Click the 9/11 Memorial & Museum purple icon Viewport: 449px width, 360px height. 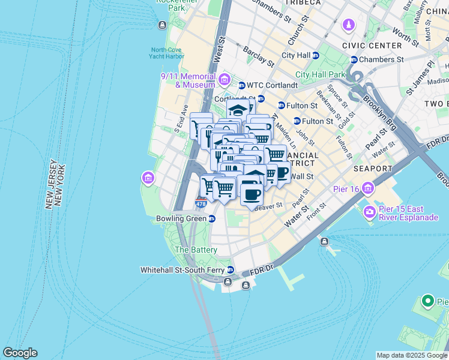pos(224,80)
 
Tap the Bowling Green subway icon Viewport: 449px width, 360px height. pos(212,219)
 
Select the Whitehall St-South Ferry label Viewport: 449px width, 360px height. pos(182,270)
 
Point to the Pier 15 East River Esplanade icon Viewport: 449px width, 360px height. pos(369,212)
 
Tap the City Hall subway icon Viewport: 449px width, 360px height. pos(316,55)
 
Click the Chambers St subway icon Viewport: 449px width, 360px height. pos(354,59)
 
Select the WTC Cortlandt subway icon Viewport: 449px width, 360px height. pos(242,85)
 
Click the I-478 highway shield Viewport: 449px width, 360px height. pos(201,204)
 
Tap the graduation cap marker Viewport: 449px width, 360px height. pos(238,110)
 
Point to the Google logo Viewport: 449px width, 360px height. pos(20,353)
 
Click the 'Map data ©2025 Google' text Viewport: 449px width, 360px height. pos(411,355)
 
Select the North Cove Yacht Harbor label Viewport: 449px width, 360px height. pos(167,53)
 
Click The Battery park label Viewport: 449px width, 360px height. pos(196,250)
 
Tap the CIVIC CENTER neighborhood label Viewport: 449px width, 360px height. pos(372,46)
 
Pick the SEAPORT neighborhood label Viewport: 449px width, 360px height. pos(372,169)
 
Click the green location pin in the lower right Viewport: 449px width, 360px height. pos(427,300)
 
